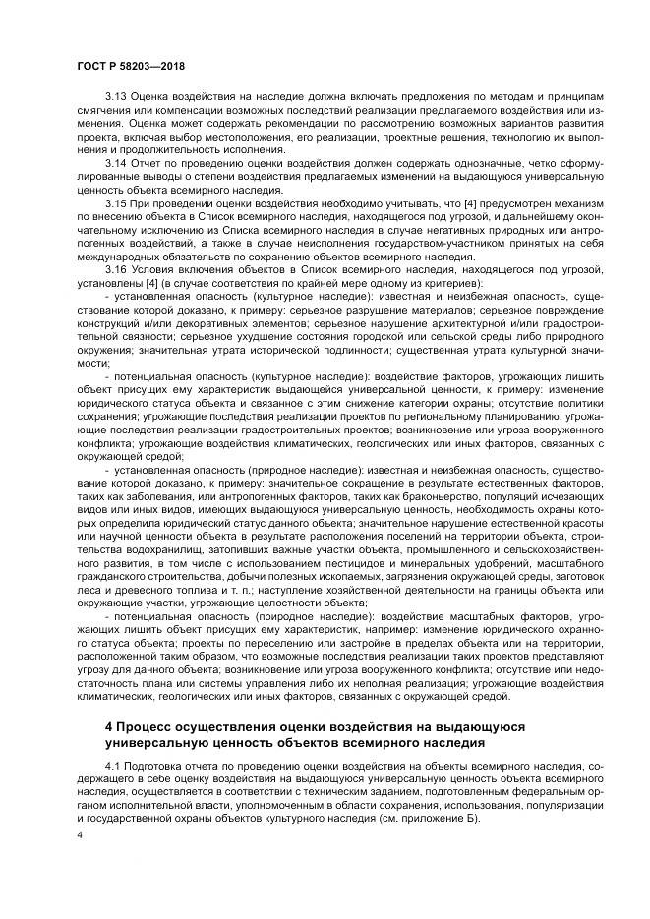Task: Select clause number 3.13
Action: (x=116, y=96)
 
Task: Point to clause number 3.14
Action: (x=116, y=160)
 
